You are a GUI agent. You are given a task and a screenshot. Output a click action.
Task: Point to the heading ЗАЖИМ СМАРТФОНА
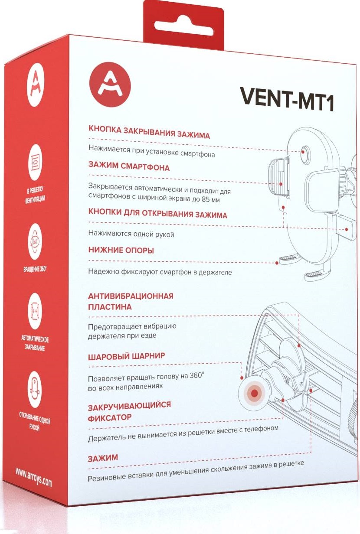click(x=129, y=166)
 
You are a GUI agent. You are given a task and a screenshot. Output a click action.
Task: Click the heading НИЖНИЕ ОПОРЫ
click(x=121, y=250)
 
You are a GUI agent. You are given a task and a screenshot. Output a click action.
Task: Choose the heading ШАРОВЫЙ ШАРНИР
click(x=126, y=357)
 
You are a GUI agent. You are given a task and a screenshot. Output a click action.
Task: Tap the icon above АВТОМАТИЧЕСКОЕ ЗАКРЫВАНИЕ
click(x=35, y=311)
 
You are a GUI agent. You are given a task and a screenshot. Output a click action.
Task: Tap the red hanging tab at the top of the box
click(x=184, y=24)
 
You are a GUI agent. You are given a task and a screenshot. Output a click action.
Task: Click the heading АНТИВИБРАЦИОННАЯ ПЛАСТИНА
click(x=130, y=301)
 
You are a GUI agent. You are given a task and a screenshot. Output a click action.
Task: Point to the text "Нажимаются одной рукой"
click(x=131, y=234)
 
